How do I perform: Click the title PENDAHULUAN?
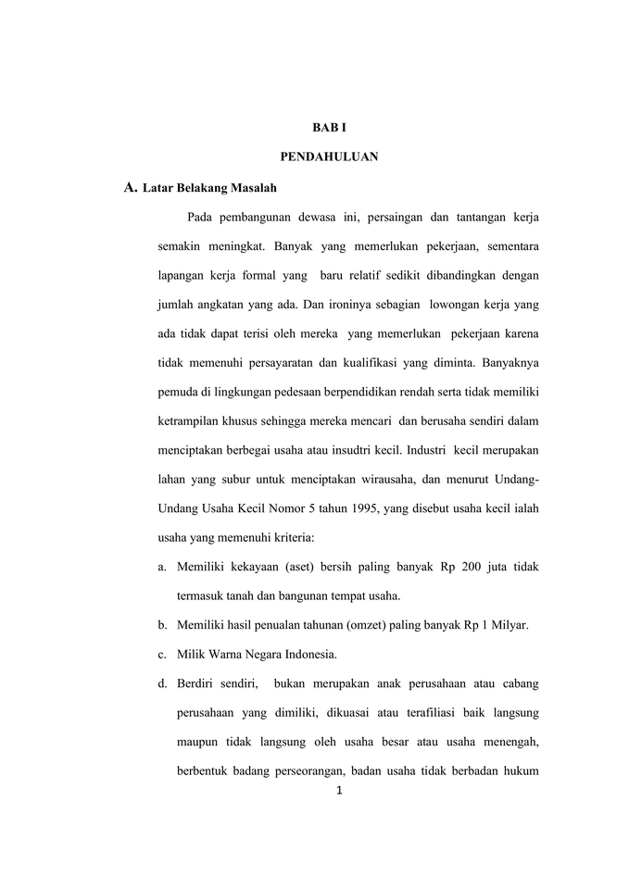[329, 157]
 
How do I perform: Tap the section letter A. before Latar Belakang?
[131, 188]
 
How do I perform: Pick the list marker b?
[162, 625]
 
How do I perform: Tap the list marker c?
[162, 655]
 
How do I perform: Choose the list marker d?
[162, 684]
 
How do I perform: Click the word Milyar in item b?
[507, 625]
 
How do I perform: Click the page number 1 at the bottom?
[340, 791]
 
